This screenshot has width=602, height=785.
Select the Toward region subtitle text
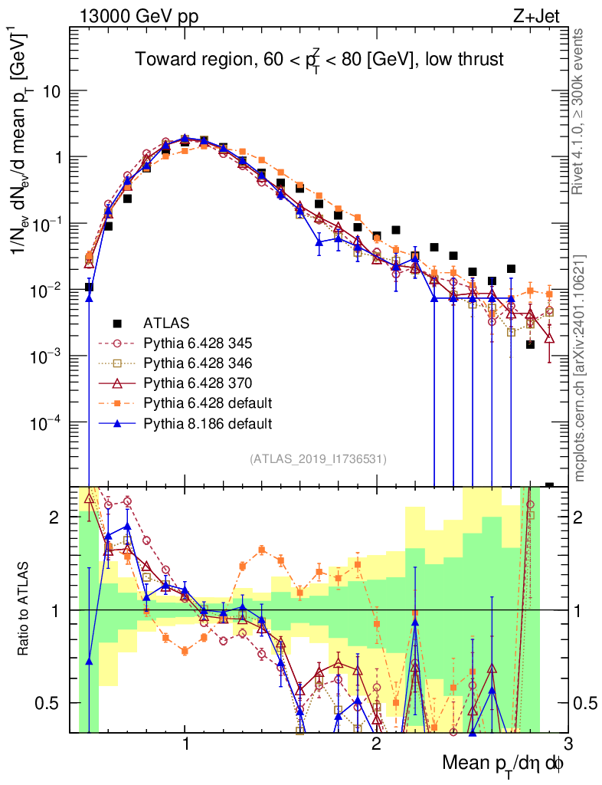pyautogui.click(x=319, y=60)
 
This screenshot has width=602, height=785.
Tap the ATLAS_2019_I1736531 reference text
pyautogui.click(x=318, y=459)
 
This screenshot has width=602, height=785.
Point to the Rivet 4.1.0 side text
pyautogui.click(x=580, y=111)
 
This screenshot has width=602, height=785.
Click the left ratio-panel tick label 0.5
pyautogui.click(x=51, y=703)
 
